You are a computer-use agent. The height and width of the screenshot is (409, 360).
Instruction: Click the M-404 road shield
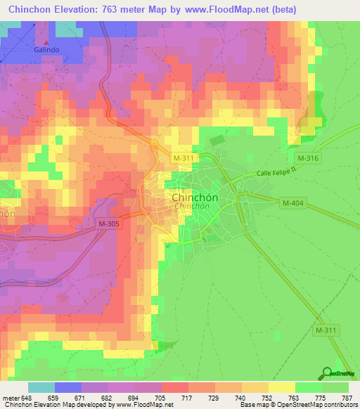coord(292,203)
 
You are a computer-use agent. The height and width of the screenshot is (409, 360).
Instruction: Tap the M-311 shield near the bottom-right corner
coord(327,330)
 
